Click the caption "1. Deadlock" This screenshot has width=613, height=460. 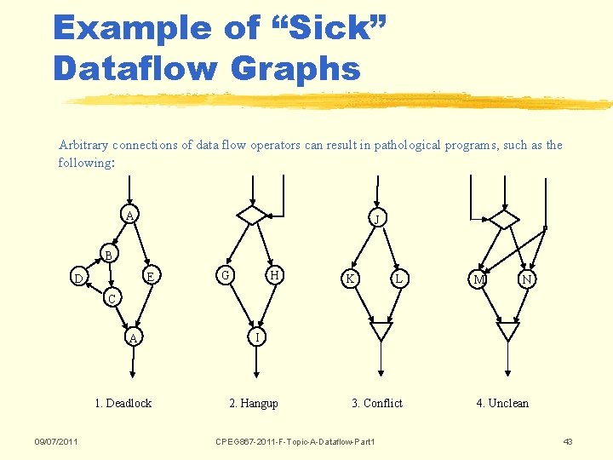(123, 403)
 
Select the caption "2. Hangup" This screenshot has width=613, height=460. (254, 403)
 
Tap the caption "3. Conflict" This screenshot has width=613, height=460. (377, 403)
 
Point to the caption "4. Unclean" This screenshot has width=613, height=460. (502, 403)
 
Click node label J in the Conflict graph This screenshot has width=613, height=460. (375, 220)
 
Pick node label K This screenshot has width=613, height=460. (348, 279)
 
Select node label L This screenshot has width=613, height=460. (398, 279)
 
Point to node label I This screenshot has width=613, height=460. (257, 337)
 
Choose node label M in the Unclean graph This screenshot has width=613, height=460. (479, 280)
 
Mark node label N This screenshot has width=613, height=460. (527, 280)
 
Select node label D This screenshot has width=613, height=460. (78, 279)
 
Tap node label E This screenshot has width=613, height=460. (150, 276)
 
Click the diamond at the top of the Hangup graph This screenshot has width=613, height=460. (252, 214)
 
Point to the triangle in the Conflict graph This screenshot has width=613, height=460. (381, 330)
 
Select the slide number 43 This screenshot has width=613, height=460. (568, 441)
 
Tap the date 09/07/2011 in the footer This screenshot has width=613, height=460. (56, 441)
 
